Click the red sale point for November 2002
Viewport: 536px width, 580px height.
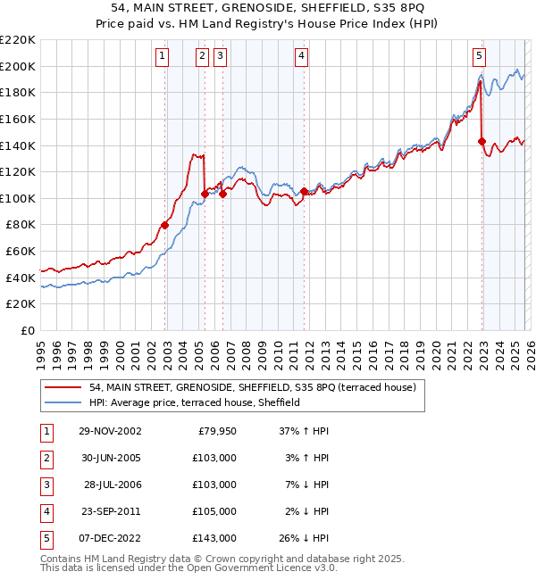click(x=165, y=225)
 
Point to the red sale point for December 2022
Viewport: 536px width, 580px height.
click(x=482, y=141)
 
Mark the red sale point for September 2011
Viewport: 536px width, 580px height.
click(x=305, y=191)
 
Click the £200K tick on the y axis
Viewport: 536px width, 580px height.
click(x=18, y=66)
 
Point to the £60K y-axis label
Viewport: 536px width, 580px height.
click(x=21, y=252)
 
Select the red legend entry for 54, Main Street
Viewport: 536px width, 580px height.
click(x=259, y=387)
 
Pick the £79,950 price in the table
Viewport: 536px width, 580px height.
click(x=214, y=431)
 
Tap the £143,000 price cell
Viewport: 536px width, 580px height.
click(x=214, y=538)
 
